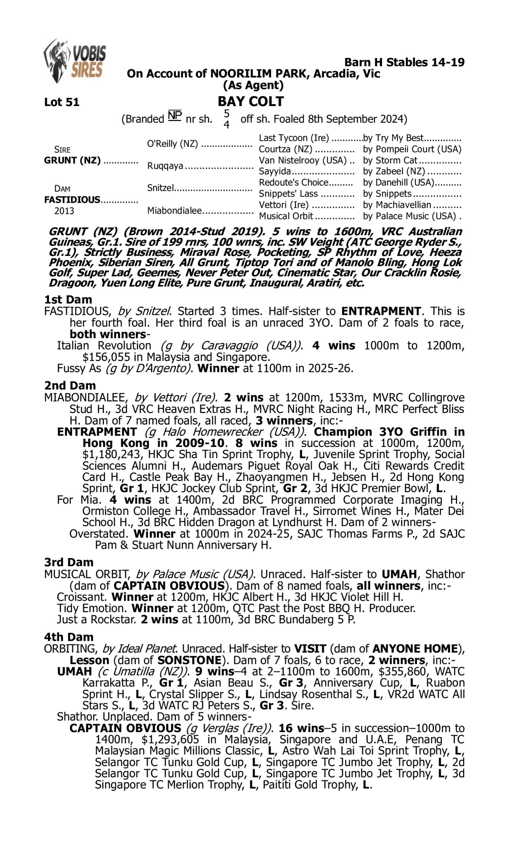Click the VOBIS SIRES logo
(75, 61)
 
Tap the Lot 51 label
(62, 102)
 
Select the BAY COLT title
(251, 101)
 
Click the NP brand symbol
(174, 116)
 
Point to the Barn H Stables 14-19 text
(404, 62)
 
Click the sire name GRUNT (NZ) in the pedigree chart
(72, 160)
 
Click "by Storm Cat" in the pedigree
(390, 160)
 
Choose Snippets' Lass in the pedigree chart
(288, 194)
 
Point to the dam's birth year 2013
(64, 211)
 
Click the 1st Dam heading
(68, 300)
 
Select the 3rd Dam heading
(69, 562)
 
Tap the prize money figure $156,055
(106, 357)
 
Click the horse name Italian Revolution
(104, 346)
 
